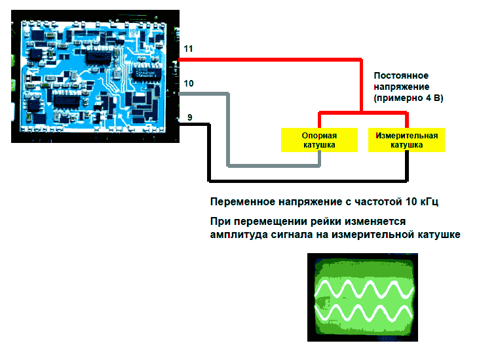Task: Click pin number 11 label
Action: click(x=189, y=49)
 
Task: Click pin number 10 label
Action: click(x=189, y=83)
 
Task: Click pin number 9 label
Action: click(x=189, y=117)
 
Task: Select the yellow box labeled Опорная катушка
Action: click(x=318, y=140)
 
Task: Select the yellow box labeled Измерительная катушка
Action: click(x=406, y=140)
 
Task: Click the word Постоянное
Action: click(x=401, y=75)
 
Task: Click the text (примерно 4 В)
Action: click(x=408, y=98)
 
